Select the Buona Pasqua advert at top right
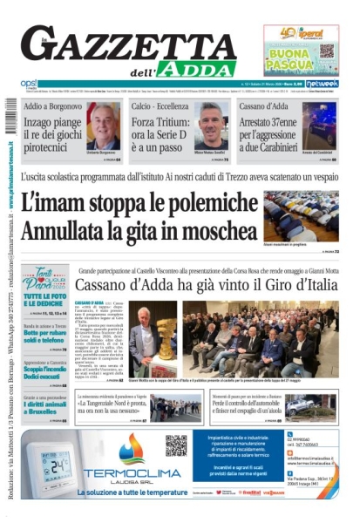[x=301, y=49]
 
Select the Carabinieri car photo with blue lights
[x=320, y=127]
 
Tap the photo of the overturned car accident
[x=310, y=406]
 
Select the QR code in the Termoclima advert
[x=176, y=445]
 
